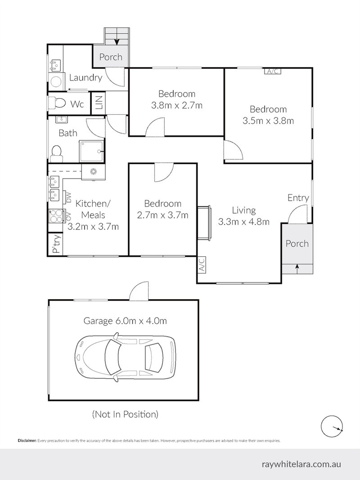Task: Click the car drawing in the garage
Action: click(125, 356)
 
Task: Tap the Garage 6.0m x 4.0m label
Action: click(125, 321)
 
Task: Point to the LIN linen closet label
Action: click(98, 104)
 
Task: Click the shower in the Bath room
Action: click(92, 151)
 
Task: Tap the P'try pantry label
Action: click(56, 244)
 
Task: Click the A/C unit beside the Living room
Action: click(201, 265)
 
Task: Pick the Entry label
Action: click(298, 198)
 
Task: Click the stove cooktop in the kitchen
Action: click(57, 216)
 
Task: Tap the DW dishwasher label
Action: click(69, 197)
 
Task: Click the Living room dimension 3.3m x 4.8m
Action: click(243, 221)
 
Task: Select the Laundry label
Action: click(85, 78)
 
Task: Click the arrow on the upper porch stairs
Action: click(117, 42)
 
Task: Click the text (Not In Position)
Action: click(125, 414)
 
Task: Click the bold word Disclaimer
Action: click(27, 441)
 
